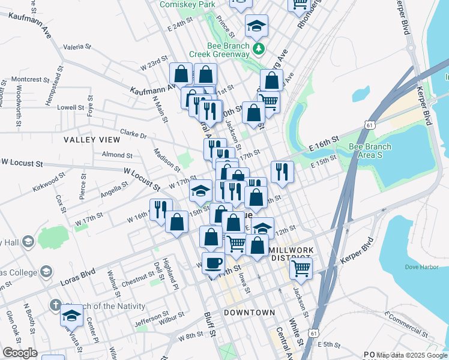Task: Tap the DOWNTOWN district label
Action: tap(249, 313)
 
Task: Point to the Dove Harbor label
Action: tap(403, 266)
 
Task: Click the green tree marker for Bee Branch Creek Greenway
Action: tap(259, 49)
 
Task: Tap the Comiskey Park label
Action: tap(187, 4)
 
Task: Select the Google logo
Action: tap(20, 353)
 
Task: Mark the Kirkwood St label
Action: tap(49, 179)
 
